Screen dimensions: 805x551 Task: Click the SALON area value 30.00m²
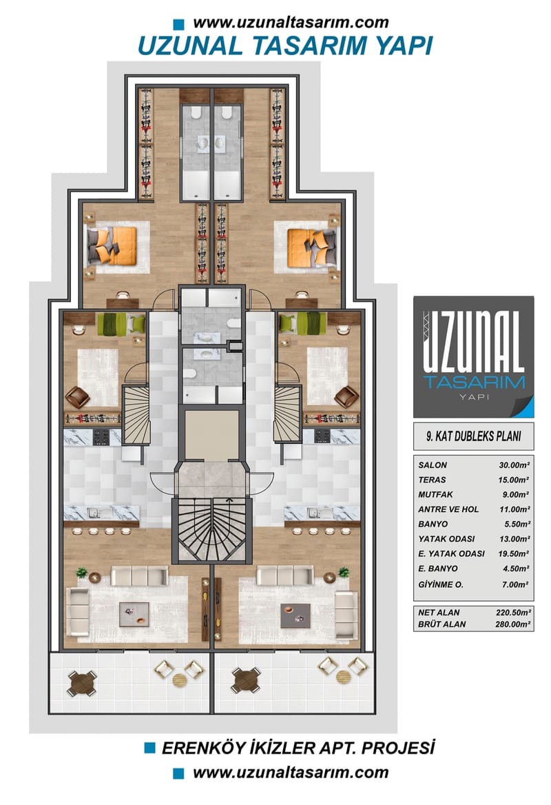point(513,465)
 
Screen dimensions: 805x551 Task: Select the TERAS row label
point(432,480)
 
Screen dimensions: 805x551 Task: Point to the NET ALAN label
point(439,612)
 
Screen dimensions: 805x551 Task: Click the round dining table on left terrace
point(82,682)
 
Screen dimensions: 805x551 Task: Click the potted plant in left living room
point(82,573)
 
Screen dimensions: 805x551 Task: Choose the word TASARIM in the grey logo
point(474,381)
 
